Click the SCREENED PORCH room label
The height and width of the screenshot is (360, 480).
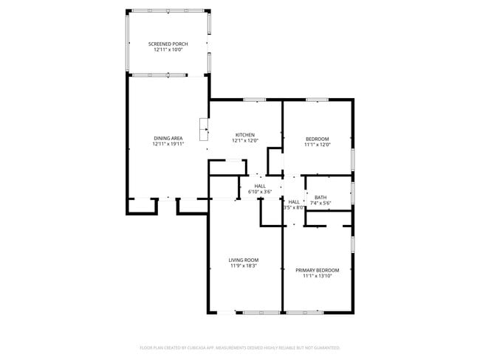pos(168,44)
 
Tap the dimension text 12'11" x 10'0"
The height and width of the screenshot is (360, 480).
pos(168,50)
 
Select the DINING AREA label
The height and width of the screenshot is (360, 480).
pos(168,138)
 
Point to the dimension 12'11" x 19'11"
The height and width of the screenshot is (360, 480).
pos(168,144)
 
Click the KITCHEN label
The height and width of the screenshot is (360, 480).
pos(245,134)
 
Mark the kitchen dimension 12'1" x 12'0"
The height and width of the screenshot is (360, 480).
pos(245,140)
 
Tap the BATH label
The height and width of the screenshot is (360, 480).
pos(320,197)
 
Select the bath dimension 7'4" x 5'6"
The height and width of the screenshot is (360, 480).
pos(320,203)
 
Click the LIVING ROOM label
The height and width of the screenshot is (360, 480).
pos(243,260)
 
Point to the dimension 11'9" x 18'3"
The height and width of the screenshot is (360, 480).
pos(243,266)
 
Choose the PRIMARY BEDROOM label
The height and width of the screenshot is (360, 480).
pos(317,270)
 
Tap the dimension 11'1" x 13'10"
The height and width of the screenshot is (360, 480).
pos(317,276)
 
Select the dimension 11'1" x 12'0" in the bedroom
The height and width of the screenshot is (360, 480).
pos(318,145)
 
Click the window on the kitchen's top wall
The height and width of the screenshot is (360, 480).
pos(255,100)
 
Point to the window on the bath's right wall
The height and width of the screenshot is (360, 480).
pos(352,193)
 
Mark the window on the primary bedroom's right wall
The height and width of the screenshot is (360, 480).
pos(352,243)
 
